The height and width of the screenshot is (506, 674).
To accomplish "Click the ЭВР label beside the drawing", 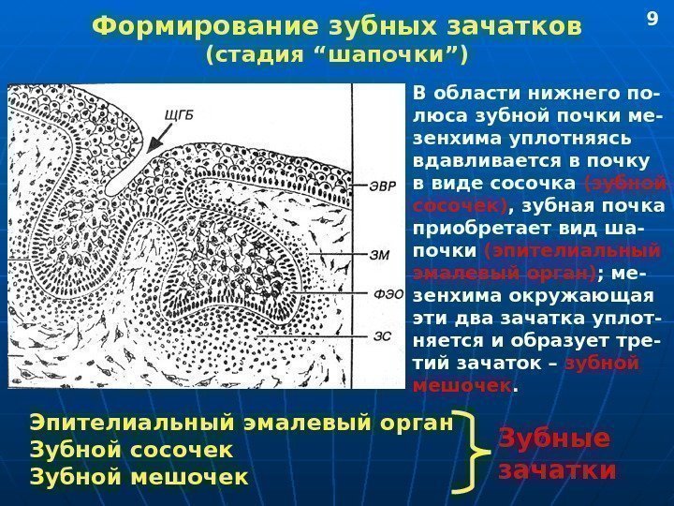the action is pos(380,186).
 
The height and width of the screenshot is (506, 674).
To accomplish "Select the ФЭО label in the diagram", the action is pos(383,292).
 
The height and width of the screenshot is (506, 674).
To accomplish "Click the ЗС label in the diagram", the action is pos(381,335).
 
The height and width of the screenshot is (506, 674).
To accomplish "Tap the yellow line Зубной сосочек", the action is pos(132,451).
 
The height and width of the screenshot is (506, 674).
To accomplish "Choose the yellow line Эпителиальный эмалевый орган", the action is pos(242,424).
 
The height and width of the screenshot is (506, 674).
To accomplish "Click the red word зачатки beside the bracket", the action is pos(557,469).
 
